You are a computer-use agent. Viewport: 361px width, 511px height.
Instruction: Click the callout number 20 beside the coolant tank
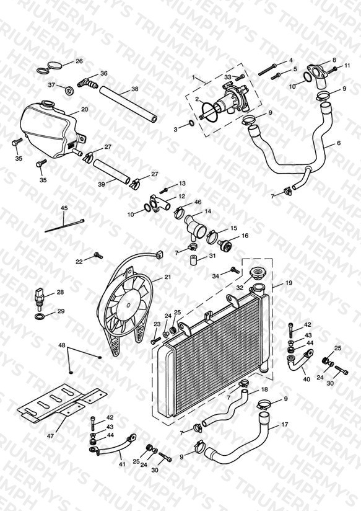84,110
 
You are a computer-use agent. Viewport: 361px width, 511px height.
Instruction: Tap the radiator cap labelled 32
257,271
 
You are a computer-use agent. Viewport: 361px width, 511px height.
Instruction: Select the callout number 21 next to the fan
168,277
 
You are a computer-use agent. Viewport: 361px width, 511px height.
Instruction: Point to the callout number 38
135,89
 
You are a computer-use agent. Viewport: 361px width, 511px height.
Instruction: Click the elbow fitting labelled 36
88,82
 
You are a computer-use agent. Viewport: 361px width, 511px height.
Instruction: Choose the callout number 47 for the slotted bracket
51,435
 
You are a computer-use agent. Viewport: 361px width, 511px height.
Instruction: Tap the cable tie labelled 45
64,226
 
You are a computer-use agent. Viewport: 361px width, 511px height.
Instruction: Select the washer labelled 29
38,316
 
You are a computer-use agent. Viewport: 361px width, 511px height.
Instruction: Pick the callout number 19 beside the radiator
289,283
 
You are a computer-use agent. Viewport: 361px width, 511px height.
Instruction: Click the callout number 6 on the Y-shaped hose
339,143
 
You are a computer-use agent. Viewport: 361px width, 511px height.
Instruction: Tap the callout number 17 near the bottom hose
284,425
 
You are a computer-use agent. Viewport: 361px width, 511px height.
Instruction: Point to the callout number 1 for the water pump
193,78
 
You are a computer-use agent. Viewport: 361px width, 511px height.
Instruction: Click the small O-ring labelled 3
191,123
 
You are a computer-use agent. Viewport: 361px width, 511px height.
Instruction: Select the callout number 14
207,211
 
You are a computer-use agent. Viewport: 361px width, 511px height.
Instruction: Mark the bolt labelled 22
98,255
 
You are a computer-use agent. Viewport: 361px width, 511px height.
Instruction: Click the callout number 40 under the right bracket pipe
307,379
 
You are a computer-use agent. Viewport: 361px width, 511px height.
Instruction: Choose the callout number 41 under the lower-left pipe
122,464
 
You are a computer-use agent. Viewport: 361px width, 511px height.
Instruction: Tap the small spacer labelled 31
194,260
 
